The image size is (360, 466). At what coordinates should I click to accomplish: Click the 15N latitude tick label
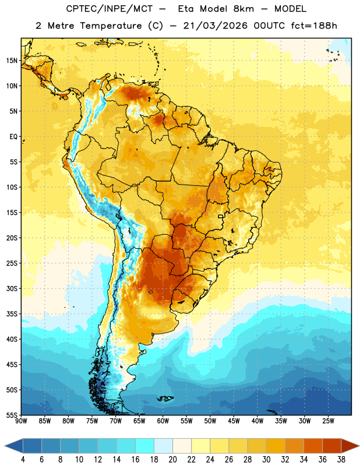point(12,61)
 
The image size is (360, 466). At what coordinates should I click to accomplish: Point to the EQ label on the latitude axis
point(13,137)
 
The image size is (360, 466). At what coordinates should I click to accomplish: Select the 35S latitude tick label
point(12,314)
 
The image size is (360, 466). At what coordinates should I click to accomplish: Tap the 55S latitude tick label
point(12,415)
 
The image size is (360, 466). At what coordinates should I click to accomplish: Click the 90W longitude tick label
point(21,421)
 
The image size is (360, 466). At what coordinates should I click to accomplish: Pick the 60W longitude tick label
point(163,421)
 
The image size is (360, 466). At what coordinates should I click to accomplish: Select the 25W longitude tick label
point(328,421)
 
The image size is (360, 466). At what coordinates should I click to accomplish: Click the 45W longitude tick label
point(234,421)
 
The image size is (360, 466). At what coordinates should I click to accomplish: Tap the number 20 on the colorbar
point(172,460)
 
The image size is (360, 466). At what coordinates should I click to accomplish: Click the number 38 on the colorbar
point(341,460)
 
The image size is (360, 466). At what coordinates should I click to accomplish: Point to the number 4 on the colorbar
point(23,460)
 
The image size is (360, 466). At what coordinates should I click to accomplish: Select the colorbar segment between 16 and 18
point(145,446)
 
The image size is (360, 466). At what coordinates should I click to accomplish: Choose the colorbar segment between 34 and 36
point(313,446)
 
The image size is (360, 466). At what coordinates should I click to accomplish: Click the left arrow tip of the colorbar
point(5,446)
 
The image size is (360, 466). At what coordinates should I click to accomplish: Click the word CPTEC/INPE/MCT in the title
point(110,9)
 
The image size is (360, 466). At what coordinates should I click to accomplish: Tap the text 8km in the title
point(243,9)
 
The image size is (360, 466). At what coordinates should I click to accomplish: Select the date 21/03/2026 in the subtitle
point(215,26)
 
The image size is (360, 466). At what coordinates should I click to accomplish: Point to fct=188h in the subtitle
point(314,26)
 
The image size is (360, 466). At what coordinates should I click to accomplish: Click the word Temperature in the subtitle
point(111,26)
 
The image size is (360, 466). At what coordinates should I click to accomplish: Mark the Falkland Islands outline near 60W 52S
point(165,398)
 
